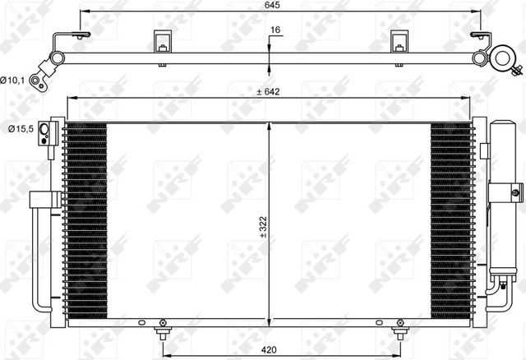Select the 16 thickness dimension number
pyautogui.click(x=276, y=32)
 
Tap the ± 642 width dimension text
pyautogui.click(x=270, y=91)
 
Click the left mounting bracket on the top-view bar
pyautogui.click(x=162, y=44)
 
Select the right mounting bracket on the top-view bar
pyautogui.click(x=399, y=44)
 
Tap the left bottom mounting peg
pyautogui.click(x=162, y=332)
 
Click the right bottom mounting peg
pyautogui.click(x=400, y=332)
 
